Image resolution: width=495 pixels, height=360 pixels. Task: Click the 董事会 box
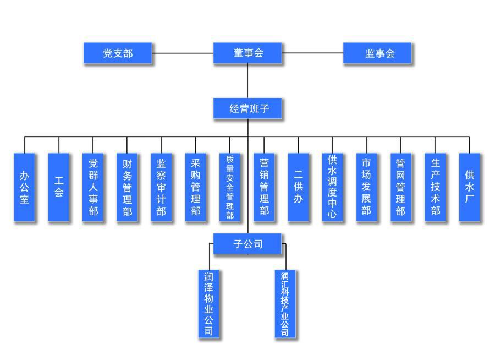click(248, 53)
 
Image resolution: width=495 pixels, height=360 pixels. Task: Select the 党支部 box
click(118, 53)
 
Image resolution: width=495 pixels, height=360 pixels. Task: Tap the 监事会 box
click(377, 53)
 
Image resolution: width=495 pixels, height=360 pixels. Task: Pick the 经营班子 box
click(248, 108)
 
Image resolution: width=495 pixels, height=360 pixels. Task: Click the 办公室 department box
click(24, 187)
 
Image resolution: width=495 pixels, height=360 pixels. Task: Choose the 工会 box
click(58, 187)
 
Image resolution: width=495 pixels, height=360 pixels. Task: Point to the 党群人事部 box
click(93, 187)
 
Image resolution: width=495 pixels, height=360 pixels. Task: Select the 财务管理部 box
click(127, 187)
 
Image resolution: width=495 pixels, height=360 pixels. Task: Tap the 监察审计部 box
click(161, 187)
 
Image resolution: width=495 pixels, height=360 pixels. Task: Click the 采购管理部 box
click(195, 187)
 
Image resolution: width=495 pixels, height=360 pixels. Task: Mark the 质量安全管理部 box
click(230, 187)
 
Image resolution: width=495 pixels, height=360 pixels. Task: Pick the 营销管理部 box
click(264, 187)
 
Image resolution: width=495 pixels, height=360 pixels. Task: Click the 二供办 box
click(298, 187)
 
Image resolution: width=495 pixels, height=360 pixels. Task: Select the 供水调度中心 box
click(332, 187)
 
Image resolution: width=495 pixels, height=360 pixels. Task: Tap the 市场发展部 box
click(366, 187)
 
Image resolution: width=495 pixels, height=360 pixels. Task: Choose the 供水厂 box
click(469, 187)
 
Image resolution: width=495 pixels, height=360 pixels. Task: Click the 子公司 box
click(248, 243)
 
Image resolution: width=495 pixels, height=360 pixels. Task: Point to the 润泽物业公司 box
click(209, 303)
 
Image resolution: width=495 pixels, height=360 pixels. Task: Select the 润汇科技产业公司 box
click(285, 303)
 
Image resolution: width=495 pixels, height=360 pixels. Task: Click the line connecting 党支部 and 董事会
click(183, 53)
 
